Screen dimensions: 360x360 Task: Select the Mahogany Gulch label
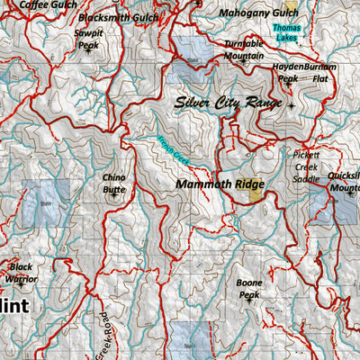258,13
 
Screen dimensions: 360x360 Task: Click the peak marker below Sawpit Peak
88,50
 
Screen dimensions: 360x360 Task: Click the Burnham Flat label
321,72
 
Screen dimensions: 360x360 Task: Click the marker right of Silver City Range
291,105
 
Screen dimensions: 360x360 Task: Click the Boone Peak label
249,288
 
